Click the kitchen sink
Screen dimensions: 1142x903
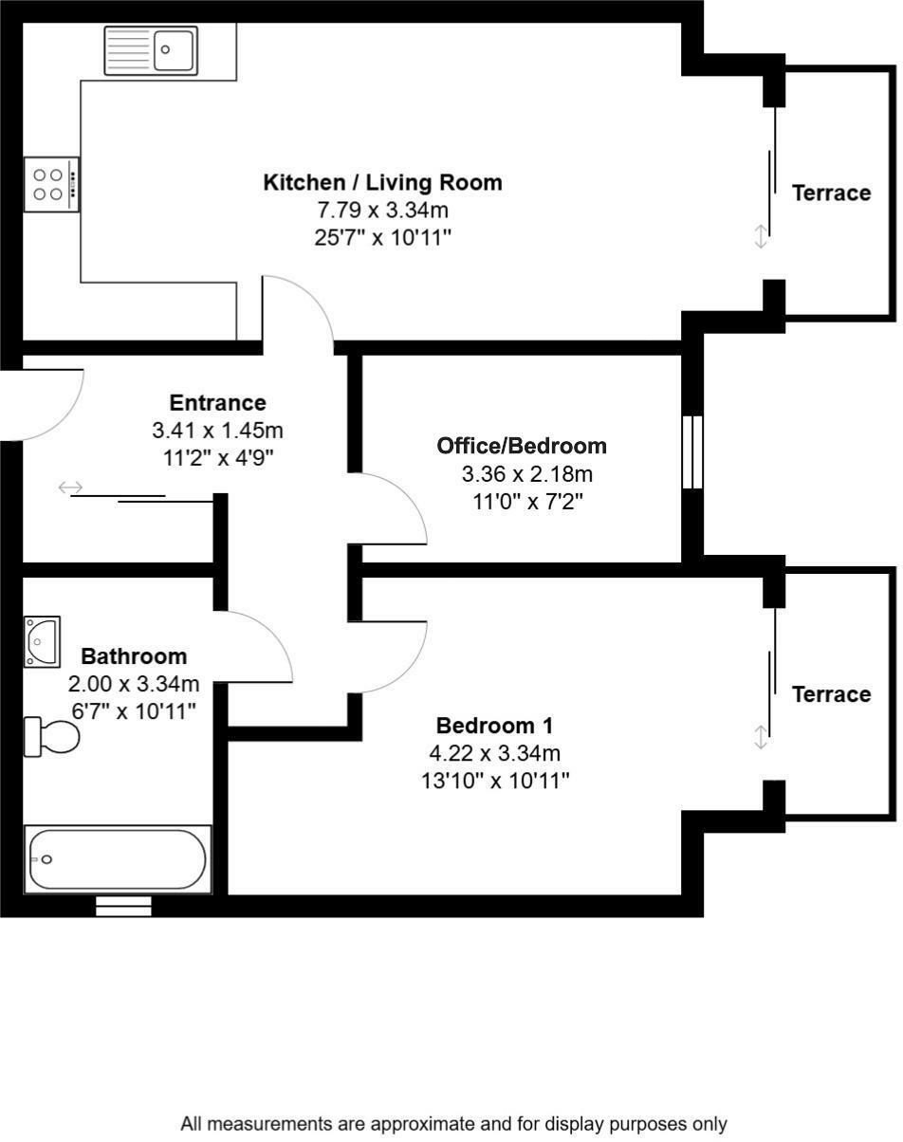tap(151, 49)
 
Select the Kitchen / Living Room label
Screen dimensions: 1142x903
tap(382, 182)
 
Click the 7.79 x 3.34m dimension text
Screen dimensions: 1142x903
tap(382, 210)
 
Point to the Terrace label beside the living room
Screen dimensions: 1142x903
tap(831, 193)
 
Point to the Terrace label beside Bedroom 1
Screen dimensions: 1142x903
tap(831, 695)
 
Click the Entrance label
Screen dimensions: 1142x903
tap(217, 403)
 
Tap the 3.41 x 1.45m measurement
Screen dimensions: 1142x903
tap(217, 431)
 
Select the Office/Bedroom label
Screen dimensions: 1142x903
tap(521, 446)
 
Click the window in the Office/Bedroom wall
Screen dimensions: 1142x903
tap(692, 451)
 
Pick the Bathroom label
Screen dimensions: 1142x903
tap(134, 656)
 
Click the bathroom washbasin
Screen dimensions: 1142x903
tap(42, 641)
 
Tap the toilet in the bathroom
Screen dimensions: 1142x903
tap(53, 736)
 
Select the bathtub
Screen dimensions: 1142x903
tap(117, 859)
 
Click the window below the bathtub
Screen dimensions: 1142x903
tap(123, 908)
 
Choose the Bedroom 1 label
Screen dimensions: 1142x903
tap(494, 727)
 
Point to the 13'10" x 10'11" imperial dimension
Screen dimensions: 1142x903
tap(494, 782)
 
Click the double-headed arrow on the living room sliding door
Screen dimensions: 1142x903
tap(760, 236)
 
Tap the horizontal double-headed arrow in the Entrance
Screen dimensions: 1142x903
tap(70, 488)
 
